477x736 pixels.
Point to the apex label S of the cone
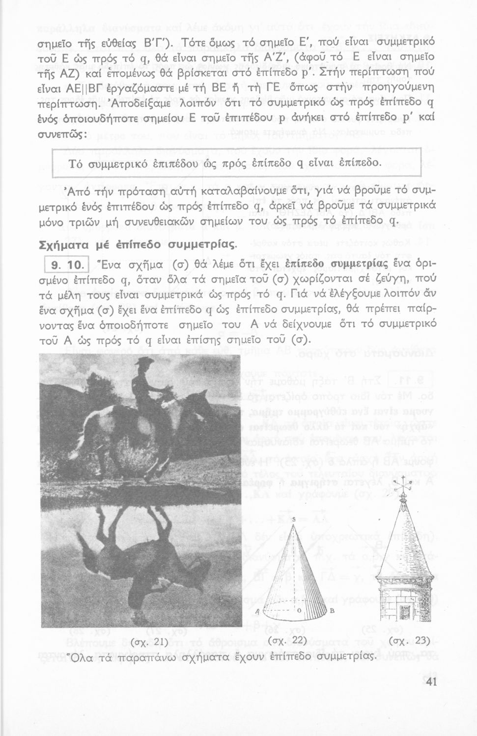pyautogui.click(x=293, y=519)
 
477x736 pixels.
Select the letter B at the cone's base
pyautogui.click(x=332, y=610)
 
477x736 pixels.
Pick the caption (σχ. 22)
pyautogui.click(x=289, y=641)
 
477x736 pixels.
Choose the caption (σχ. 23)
pyautogui.click(x=409, y=641)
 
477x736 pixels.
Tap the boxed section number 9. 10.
pyautogui.click(x=65, y=266)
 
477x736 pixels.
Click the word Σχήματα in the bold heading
pyautogui.click(x=61, y=244)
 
